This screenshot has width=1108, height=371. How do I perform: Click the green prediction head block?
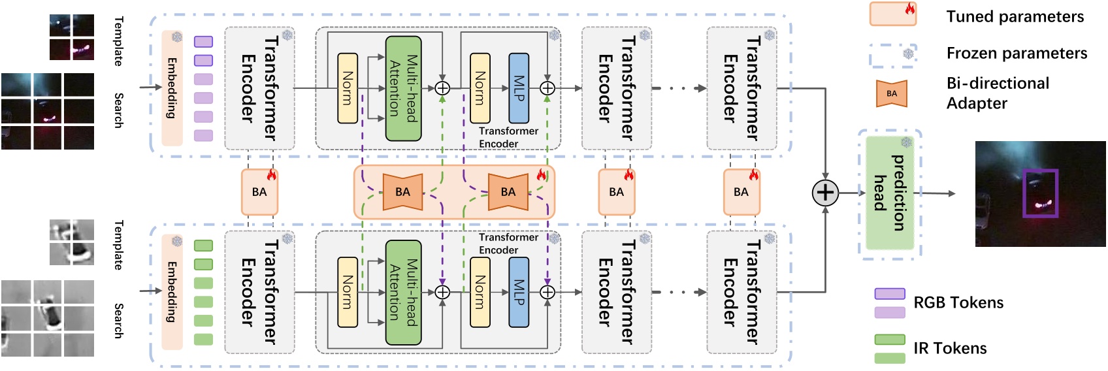tap(889, 193)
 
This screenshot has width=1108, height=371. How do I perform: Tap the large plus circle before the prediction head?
tap(825, 193)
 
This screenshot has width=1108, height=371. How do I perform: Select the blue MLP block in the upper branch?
tap(519, 88)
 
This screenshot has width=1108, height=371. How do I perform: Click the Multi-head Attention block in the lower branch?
tap(403, 292)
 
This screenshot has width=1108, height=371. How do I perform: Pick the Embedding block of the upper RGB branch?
tap(172, 88)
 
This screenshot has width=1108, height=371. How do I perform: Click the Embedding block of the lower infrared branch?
tap(172, 292)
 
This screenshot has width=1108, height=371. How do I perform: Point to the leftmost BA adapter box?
tap(259, 192)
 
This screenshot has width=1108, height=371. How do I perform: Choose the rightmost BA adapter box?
tap(741, 192)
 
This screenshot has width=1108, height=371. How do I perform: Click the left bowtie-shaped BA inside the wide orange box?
tap(402, 192)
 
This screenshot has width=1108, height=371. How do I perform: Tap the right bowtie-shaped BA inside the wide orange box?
tap(508, 192)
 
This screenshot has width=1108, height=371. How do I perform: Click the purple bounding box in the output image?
tap(1040, 193)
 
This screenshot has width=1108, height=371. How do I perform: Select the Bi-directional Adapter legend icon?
tap(892, 93)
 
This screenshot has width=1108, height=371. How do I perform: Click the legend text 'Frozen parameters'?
tap(1017, 54)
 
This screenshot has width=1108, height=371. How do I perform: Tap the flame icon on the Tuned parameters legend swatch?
tap(909, 8)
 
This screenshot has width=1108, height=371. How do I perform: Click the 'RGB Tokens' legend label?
tap(958, 302)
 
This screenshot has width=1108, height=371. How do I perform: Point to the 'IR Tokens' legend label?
tap(950, 348)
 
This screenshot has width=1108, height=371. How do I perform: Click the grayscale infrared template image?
tap(72, 242)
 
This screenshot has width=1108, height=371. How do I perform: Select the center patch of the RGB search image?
tap(47, 111)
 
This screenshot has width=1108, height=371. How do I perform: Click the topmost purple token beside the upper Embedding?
tap(203, 42)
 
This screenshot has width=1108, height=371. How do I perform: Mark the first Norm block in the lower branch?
tap(347, 292)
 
